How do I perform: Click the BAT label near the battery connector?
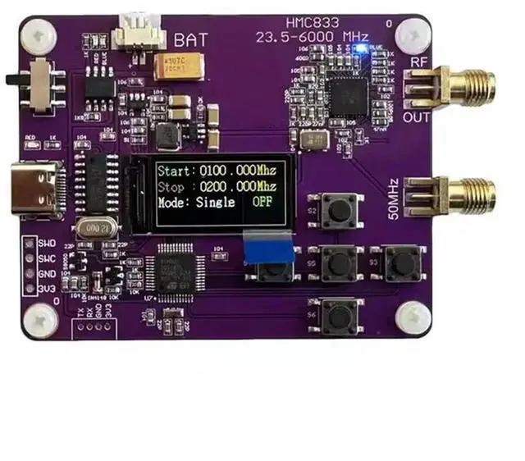[x=190, y=39]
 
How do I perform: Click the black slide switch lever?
[x=11, y=80]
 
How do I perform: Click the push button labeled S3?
[x=401, y=262]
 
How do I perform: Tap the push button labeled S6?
[x=337, y=313]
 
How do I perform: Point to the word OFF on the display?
[x=263, y=202]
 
